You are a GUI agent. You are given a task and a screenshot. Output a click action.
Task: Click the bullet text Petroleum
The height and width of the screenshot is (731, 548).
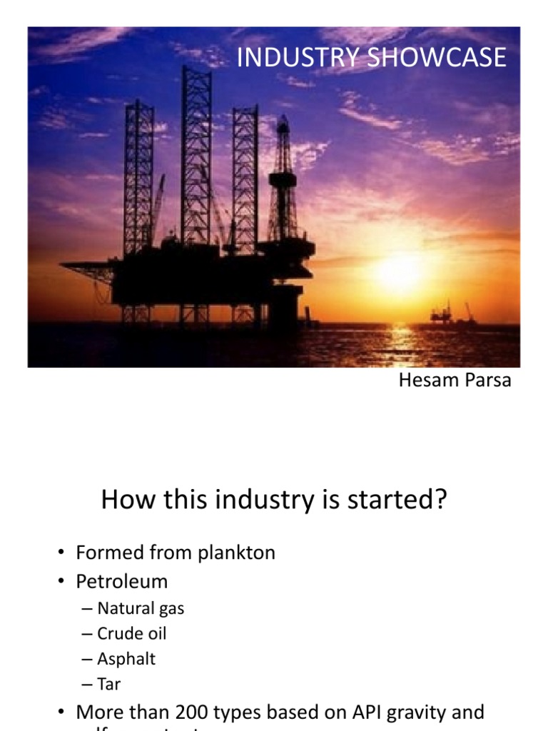(122, 581)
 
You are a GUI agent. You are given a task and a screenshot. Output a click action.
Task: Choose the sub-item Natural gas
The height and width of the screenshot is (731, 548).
(141, 608)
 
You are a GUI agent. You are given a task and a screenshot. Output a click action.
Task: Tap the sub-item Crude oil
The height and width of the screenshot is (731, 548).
(132, 633)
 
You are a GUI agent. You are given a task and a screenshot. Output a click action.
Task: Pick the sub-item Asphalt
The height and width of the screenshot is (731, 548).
(126, 659)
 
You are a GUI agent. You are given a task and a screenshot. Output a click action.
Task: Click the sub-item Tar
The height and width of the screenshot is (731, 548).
(109, 684)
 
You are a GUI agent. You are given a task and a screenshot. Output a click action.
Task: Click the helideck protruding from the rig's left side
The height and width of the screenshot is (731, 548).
(87, 268)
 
